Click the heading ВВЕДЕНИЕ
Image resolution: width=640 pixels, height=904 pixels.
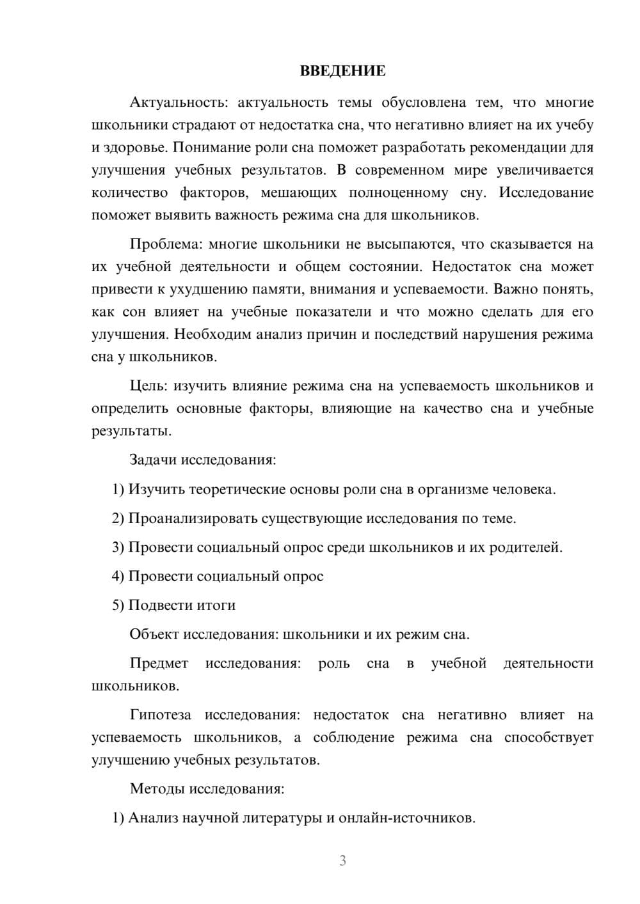[342, 71]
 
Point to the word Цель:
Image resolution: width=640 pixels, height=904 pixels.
[148, 386]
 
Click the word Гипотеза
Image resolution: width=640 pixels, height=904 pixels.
[160, 715]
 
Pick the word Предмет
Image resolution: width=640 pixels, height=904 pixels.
[159, 663]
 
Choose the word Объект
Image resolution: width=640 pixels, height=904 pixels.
[154, 634]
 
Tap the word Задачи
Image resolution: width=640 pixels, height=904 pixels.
[154, 460]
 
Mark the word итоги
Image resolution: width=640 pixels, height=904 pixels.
[218, 605]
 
